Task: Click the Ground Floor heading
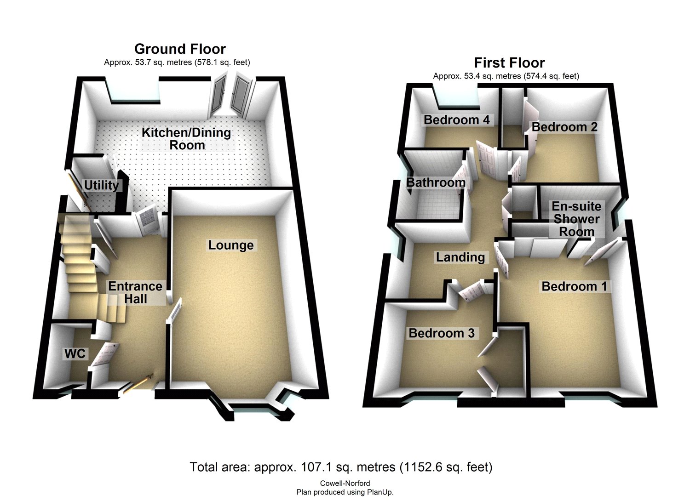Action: (180, 49)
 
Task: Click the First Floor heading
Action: (509, 63)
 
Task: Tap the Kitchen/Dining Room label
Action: (186, 139)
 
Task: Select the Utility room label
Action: (101, 185)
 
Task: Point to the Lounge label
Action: (230, 245)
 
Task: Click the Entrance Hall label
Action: (135, 293)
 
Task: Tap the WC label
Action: (75, 353)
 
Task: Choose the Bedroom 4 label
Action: (457, 120)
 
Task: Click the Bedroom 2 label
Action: (564, 127)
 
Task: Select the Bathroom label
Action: (436, 182)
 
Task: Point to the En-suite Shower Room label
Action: (576, 219)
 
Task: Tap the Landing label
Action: (460, 257)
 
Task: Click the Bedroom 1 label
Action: (574, 286)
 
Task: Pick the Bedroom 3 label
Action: (441, 333)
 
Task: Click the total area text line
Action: (341, 467)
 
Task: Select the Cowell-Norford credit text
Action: (345, 484)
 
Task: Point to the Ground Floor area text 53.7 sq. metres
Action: (177, 63)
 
